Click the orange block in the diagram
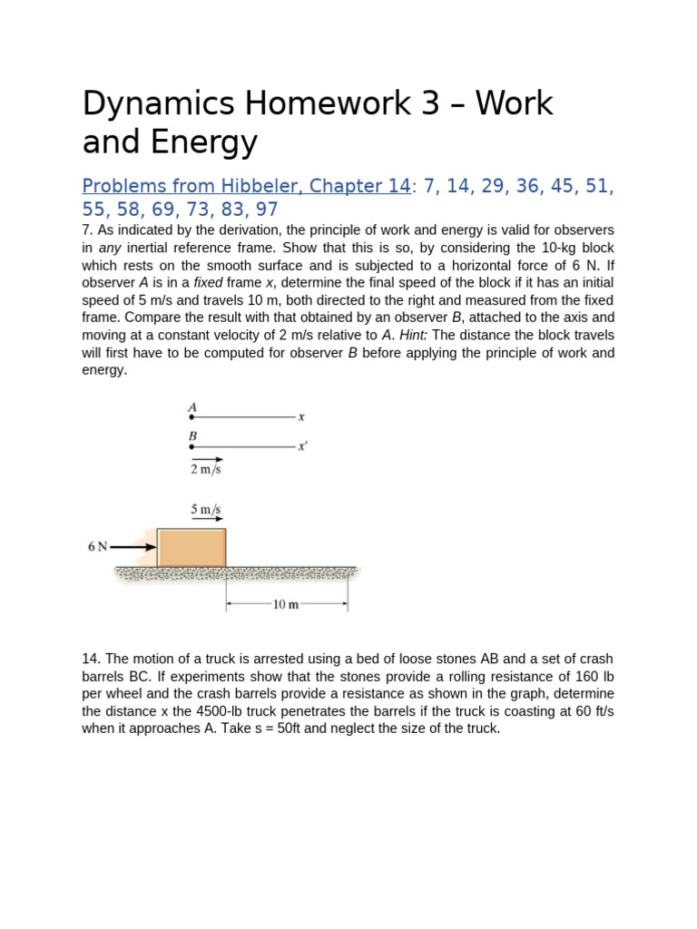point(191,548)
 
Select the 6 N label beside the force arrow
point(97,547)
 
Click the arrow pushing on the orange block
point(133,547)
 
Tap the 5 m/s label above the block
point(206,510)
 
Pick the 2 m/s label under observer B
point(205,469)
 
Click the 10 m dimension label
point(286,605)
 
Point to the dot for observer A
point(191,417)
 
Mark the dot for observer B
point(191,446)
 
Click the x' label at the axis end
point(302,446)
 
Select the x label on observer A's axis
point(301,417)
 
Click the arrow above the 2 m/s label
point(206,459)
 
